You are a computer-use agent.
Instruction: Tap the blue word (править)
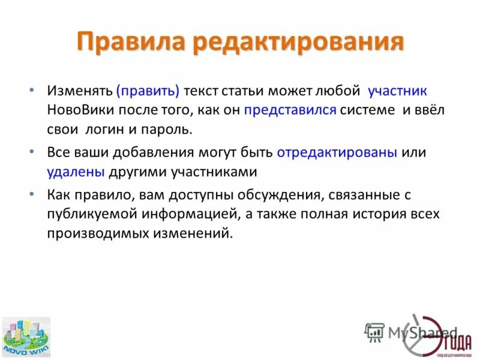(x=148, y=91)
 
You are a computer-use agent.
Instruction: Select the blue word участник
(x=397, y=91)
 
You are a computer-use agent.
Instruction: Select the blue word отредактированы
(x=337, y=152)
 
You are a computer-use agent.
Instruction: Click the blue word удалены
(x=76, y=172)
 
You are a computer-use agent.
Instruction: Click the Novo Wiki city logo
(x=26, y=337)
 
